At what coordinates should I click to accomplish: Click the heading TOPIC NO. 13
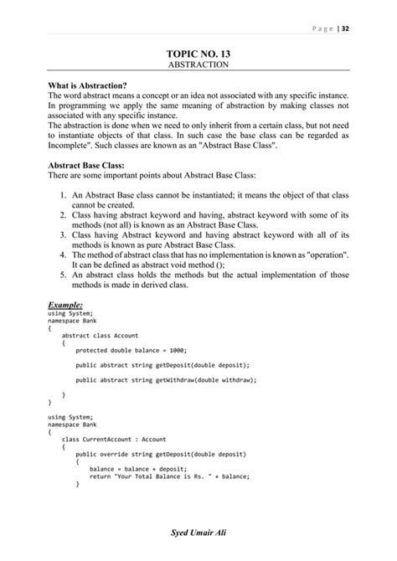(x=198, y=54)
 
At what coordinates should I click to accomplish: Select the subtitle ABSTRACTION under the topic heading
(x=198, y=64)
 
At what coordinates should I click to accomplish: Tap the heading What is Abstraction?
(x=88, y=87)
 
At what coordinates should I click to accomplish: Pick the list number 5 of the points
(x=64, y=275)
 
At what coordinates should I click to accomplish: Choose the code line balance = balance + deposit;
(x=138, y=469)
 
